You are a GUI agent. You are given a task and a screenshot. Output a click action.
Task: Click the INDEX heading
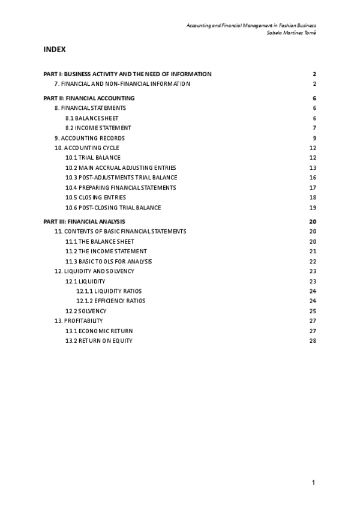pyautogui.click(x=54, y=49)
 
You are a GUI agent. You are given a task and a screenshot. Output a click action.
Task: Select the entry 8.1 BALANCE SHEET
pyautogui.click(x=92, y=118)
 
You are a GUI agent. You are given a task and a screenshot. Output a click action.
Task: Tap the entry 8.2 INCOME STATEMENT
pyautogui.click(x=98, y=128)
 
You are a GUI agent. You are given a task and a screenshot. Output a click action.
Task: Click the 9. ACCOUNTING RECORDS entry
pyautogui.click(x=89, y=138)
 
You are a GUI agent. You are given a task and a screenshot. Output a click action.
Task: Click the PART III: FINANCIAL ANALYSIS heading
pyautogui.click(x=85, y=222)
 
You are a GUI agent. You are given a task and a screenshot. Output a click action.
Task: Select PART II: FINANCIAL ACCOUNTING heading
pyautogui.click(x=89, y=98)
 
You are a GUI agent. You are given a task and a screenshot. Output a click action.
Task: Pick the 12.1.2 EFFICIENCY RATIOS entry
pyautogui.click(x=111, y=301)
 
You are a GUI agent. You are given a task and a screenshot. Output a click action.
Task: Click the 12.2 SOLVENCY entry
pyautogui.click(x=86, y=311)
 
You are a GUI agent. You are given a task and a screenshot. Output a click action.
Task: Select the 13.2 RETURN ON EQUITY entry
pyautogui.click(x=99, y=341)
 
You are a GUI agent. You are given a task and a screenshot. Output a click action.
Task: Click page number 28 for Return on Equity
pyautogui.click(x=313, y=341)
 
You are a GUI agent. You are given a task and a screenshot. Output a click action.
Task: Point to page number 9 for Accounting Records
pyautogui.click(x=314, y=138)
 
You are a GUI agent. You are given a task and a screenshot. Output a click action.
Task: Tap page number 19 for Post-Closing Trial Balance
pyautogui.click(x=313, y=208)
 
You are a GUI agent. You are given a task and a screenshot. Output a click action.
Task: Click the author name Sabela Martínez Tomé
pyautogui.click(x=291, y=32)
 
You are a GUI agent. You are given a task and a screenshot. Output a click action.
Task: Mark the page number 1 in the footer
pyautogui.click(x=313, y=482)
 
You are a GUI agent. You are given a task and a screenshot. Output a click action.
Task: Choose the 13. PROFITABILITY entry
pyautogui.click(x=79, y=321)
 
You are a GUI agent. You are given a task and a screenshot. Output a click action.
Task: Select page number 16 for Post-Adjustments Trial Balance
pyautogui.click(x=313, y=178)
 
